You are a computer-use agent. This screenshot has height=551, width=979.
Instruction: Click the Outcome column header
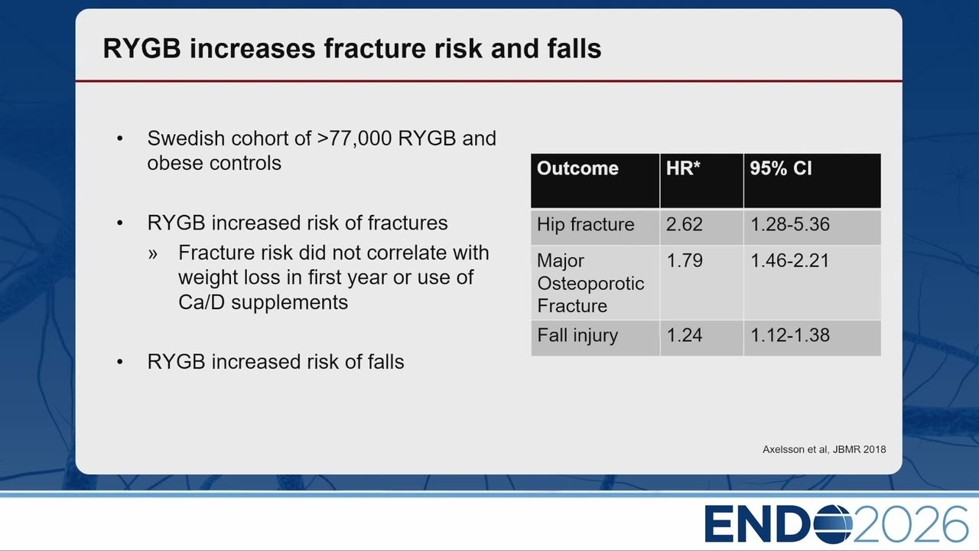coord(577,168)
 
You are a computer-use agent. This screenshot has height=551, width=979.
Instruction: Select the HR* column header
coord(683,168)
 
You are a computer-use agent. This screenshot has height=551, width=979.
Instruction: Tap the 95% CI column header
coord(781,168)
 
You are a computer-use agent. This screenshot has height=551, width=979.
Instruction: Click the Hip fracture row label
coord(585,224)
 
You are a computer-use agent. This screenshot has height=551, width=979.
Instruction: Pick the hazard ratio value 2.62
coord(684,224)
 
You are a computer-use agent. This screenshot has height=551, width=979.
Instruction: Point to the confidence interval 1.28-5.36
coord(790,224)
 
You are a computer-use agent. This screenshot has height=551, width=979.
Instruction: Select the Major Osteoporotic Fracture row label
coord(590,283)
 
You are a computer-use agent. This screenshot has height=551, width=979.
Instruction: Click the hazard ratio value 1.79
coord(684,261)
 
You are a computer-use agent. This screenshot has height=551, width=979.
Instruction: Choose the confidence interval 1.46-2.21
coord(790,261)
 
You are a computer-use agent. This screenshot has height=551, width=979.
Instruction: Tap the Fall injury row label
coord(577,336)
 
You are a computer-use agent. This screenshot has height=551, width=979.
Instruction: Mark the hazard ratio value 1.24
coord(684,335)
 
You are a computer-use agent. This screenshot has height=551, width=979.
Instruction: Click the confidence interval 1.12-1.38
coord(790,335)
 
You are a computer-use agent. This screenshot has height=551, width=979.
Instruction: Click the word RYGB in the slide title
coord(141,48)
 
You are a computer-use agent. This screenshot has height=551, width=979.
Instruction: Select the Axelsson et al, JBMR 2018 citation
coord(825,449)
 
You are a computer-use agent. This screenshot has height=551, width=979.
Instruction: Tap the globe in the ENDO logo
coord(834,524)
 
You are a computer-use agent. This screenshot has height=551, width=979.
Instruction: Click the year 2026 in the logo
coord(911,524)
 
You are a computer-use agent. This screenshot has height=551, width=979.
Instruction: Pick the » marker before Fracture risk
coord(152,253)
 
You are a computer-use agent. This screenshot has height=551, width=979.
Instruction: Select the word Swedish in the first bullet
coord(186,139)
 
